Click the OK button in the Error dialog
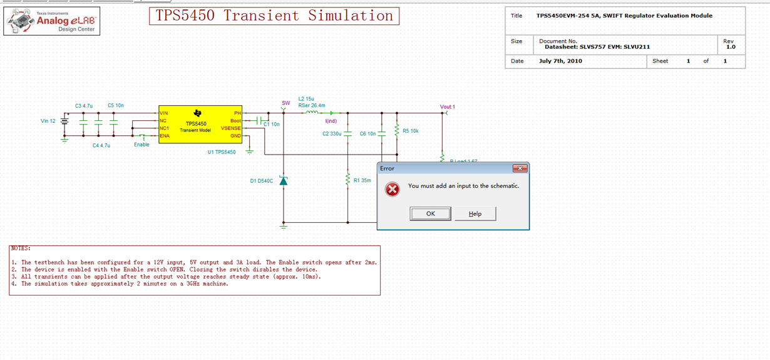coord(430,213)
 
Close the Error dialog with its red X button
coord(520,168)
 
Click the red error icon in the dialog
coord(393,190)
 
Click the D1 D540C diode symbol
coord(283,180)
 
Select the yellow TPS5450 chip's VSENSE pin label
coord(230,128)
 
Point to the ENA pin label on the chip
coord(164,136)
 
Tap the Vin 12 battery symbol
coord(64,121)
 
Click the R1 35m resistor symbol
coord(347,180)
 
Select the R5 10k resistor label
coord(411,131)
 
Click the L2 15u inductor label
coord(306,99)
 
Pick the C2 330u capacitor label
coord(332,134)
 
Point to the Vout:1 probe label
coord(447,107)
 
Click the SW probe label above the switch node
coord(286,103)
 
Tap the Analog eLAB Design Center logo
coord(52,21)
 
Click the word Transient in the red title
coord(261,16)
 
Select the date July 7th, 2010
coord(560,61)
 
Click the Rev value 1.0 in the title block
coord(731,47)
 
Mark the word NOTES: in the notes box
coord(21,249)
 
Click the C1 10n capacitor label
coord(272,125)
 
